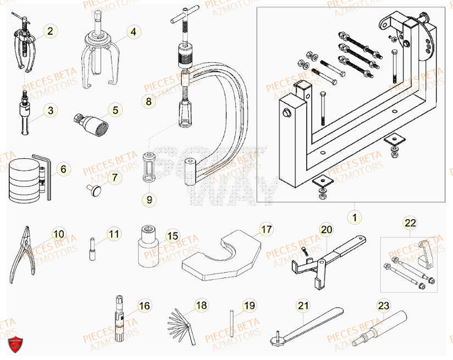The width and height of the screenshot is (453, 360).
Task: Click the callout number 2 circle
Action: coord(50,32)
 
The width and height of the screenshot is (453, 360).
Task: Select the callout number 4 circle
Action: coord(132,32)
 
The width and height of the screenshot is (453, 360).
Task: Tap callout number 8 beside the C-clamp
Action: coord(147,101)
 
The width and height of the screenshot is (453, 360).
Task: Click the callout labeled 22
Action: coord(410,223)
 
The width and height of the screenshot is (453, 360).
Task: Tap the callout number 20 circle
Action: coord(327,229)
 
